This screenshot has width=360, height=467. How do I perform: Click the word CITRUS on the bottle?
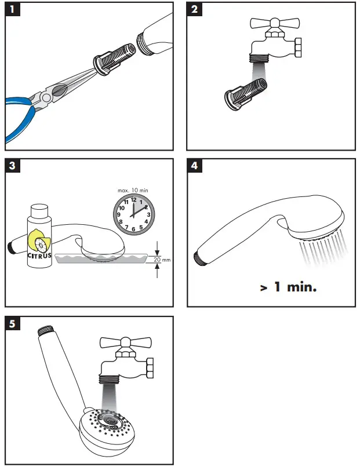click(x=39, y=255)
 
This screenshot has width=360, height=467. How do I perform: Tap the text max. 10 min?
click(x=133, y=190)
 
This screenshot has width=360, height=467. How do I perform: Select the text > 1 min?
click(x=288, y=287)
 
